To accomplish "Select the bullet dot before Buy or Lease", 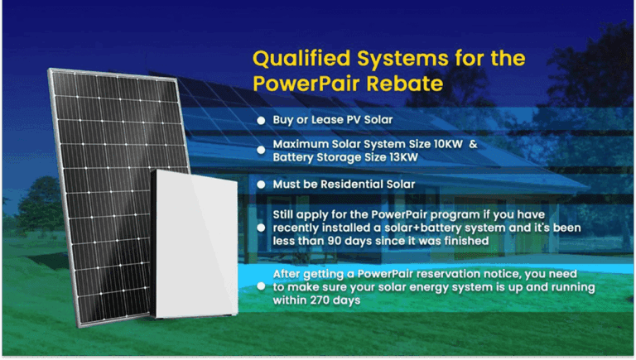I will point(261,121).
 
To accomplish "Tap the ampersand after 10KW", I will point(473,144).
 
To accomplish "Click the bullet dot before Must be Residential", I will point(261,184).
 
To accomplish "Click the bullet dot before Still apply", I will point(261,227).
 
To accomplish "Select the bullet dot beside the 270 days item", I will point(261,287).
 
